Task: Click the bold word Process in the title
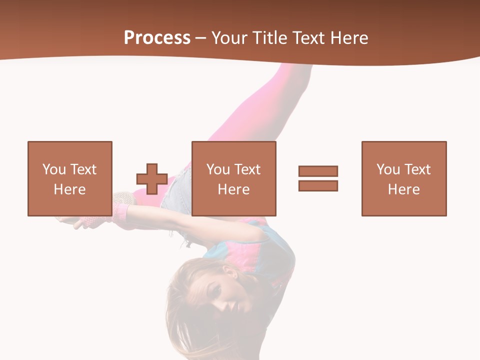pos(157,38)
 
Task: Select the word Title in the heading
pos(270,38)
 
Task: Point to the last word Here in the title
pos(348,38)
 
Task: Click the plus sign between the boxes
pos(152,179)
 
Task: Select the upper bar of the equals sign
pos(318,171)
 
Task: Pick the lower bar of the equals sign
pos(318,185)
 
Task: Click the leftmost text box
pos(70,178)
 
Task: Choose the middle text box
pos(233,178)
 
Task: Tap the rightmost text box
pos(404,178)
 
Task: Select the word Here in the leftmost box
pos(70,189)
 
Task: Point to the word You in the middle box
pos(218,169)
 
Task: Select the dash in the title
pos(201,38)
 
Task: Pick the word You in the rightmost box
pos(388,169)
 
